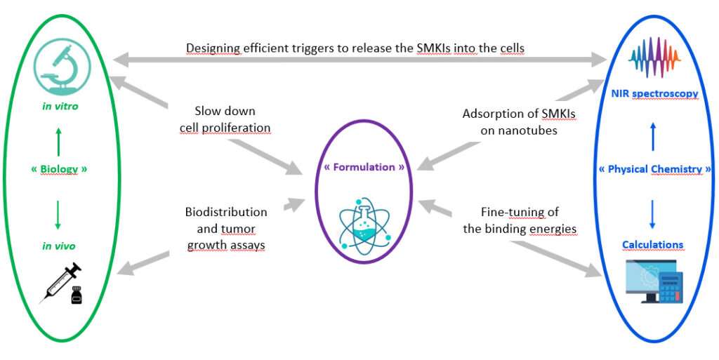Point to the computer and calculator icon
653,281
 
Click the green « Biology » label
59,169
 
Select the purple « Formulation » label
364,168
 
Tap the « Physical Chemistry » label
655,169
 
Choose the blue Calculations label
652,245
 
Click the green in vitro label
58,107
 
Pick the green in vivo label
58,246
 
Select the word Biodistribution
226,211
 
